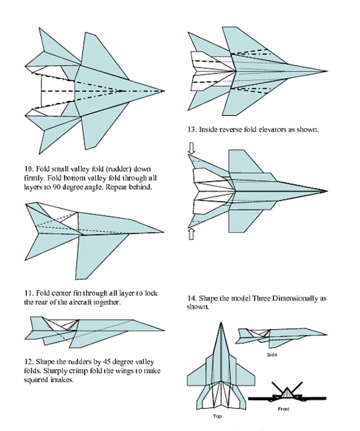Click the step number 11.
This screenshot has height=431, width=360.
click(x=28, y=294)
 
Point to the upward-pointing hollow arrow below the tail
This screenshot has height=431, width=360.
click(x=192, y=234)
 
